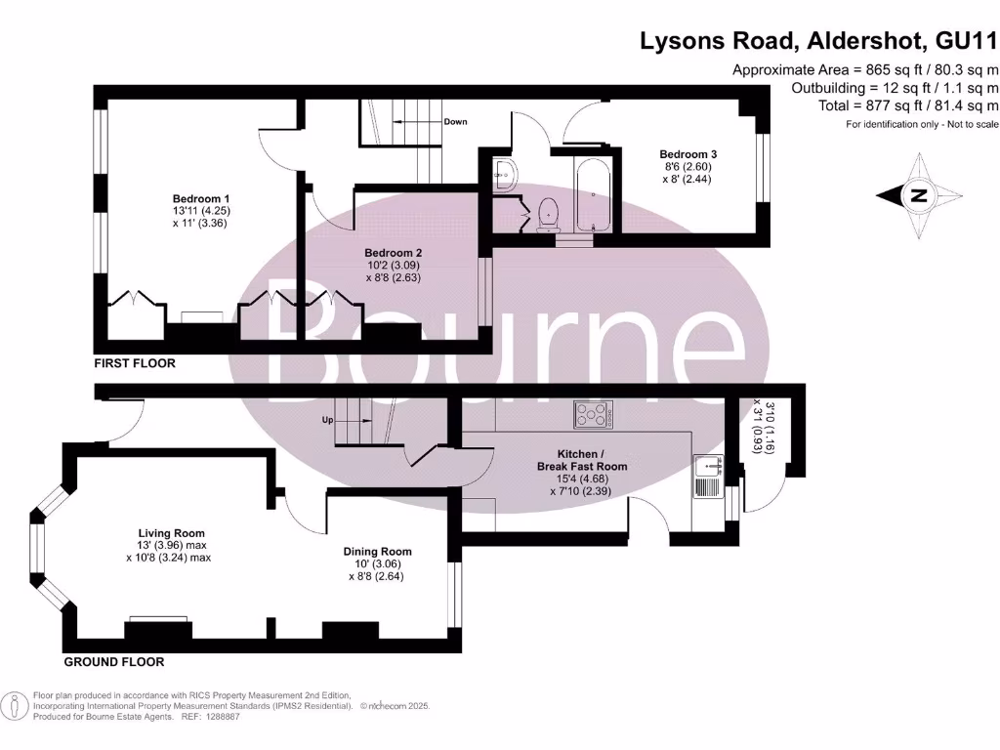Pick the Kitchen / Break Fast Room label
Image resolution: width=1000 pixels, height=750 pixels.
coord(582,460)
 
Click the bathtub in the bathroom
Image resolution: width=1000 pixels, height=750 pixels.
coord(592,195)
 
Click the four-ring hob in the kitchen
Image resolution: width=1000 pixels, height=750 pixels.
coord(594,416)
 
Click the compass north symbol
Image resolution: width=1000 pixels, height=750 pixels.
coord(917,196)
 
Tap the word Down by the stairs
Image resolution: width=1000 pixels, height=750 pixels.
coord(455,122)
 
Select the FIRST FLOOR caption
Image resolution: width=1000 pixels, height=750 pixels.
coord(135,363)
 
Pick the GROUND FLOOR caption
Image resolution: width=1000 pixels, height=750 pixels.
coord(114,662)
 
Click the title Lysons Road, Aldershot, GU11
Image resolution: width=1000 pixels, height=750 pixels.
coord(818,41)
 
